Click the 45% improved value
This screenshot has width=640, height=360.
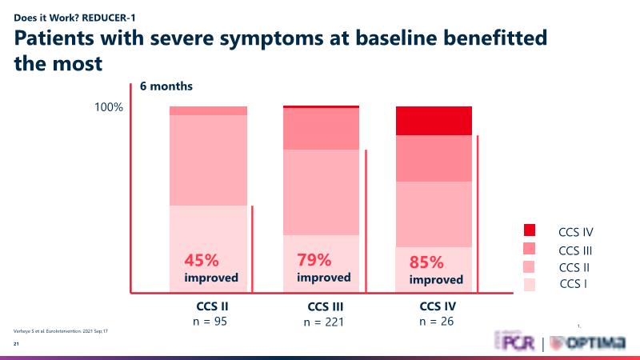202,260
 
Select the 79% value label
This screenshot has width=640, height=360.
314,259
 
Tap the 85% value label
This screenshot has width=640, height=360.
425,262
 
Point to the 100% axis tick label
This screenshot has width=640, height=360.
109,107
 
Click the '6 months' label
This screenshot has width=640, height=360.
166,86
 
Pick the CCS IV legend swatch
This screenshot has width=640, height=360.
529,232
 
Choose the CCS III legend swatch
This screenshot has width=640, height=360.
529,250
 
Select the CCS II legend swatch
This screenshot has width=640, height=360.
529,266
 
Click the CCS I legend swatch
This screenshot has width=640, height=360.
529,283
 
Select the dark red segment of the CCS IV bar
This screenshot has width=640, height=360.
434,121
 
